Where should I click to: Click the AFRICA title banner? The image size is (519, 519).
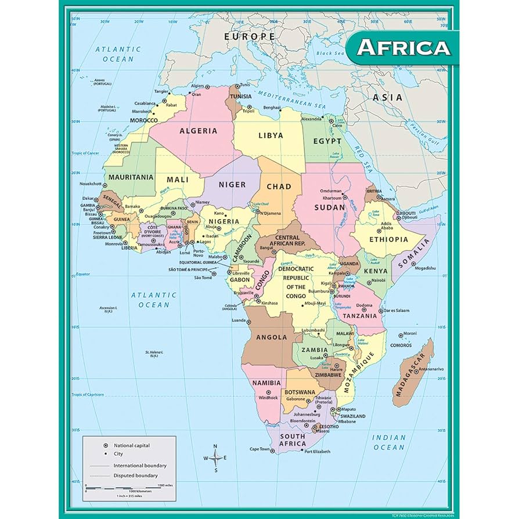pyautogui.click(x=403, y=47)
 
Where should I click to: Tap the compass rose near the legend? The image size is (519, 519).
pyautogui.click(x=215, y=457)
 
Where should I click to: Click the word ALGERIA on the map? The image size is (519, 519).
pyautogui.click(x=198, y=131)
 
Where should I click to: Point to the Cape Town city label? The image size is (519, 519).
pyautogui.click(x=260, y=449)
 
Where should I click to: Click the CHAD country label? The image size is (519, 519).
pyautogui.click(x=279, y=186)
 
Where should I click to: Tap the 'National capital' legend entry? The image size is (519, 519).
pyautogui.click(x=131, y=445)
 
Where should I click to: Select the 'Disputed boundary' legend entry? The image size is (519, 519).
pyautogui.click(x=135, y=475)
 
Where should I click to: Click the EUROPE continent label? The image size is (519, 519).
pyautogui.click(x=250, y=37)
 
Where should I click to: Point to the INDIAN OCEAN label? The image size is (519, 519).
pyautogui.click(x=389, y=442)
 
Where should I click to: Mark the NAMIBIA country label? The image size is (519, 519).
pyautogui.click(x=266, y=383)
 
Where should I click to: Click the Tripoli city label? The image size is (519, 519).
pyautogui.click(x=248, y=111)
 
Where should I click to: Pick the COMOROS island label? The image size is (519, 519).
pyautogui.click(x=401, y=345)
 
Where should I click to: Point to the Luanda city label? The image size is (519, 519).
pyautogui.click(x=239, y=320)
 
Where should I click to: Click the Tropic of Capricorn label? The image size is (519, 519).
pyautogui.click(x=88, y=395)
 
